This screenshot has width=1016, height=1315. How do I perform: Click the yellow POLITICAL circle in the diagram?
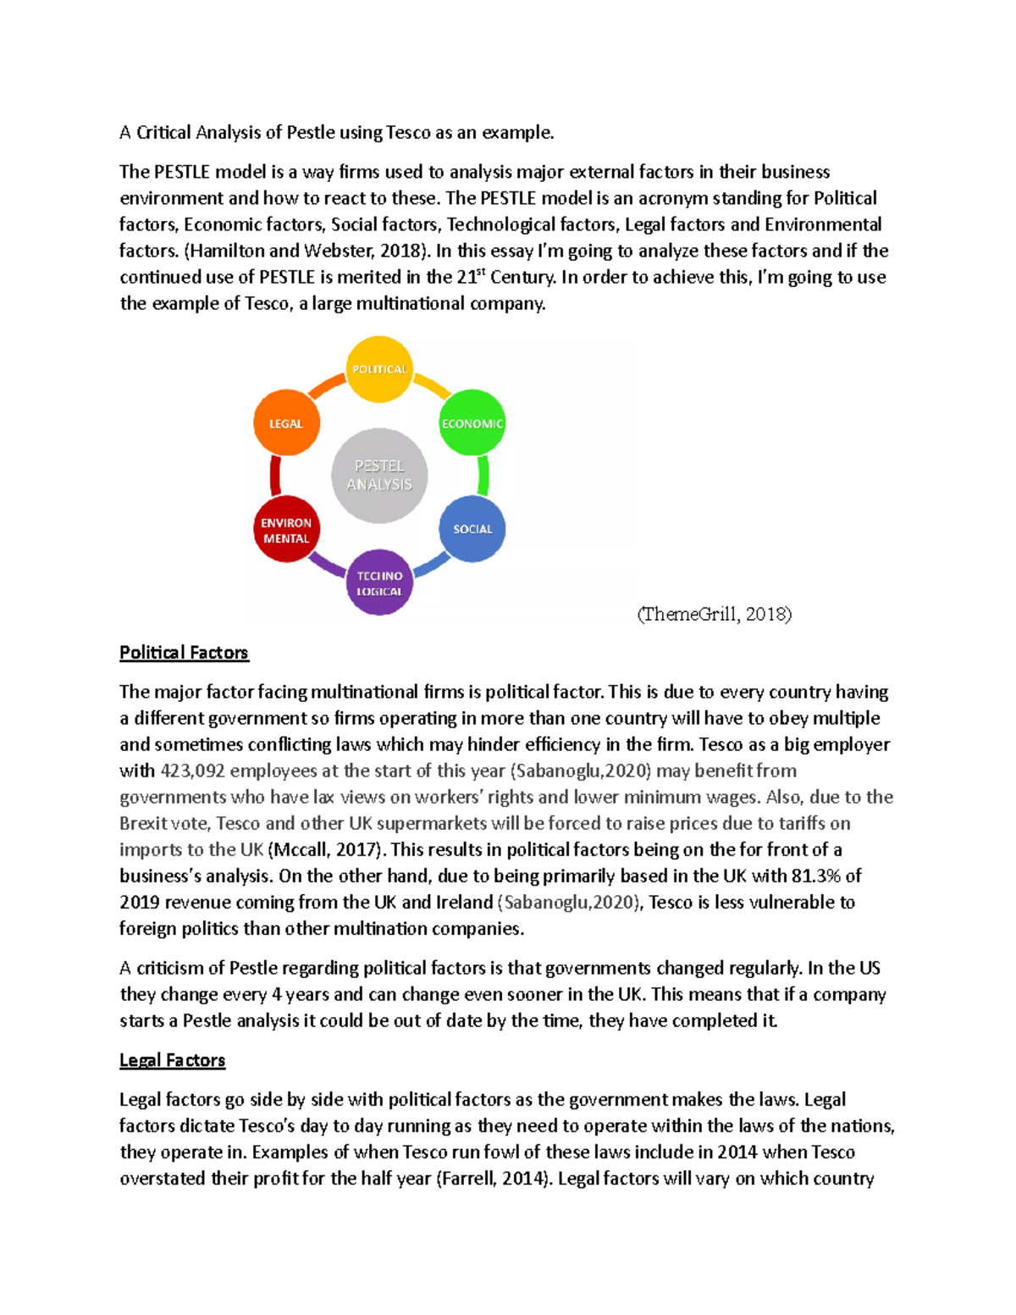pos(379,369)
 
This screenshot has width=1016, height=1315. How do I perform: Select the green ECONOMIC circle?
pos(472,423)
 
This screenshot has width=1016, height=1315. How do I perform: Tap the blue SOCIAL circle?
pos(472,529)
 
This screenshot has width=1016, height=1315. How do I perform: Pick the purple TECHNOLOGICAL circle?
pos(379,583)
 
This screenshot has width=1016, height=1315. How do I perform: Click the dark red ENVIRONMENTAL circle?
pos(286,530)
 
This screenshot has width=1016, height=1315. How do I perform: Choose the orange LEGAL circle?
pos(286,423)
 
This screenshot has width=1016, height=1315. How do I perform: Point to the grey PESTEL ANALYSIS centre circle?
pos(379,475)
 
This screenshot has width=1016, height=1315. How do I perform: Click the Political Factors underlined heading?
pos(184,653)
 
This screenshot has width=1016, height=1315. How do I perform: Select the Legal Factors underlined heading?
pos(172,1060)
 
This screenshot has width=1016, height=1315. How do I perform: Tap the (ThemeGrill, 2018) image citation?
pos(714,614)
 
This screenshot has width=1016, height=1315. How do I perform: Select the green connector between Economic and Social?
pos(483,476)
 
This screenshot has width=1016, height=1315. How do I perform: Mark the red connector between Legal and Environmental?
pos(275,476)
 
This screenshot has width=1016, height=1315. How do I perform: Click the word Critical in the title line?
pos(163,132)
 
